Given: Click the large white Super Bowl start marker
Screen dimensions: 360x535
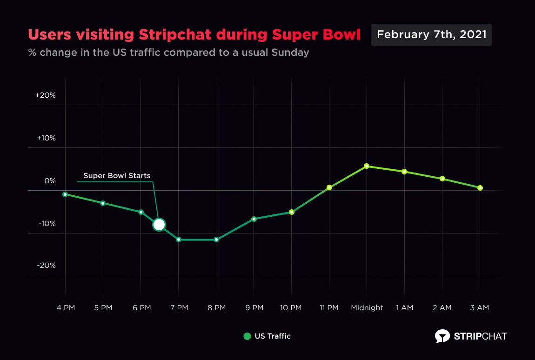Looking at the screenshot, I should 159,225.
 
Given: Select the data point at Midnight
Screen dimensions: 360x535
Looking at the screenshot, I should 367,166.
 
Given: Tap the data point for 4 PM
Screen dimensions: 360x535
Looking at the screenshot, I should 65,194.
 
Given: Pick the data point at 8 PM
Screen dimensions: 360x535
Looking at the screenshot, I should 216,240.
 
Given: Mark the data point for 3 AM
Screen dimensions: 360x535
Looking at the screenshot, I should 480,188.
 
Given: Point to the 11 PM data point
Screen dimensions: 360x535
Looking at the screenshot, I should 329,187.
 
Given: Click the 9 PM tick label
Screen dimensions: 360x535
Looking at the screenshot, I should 254,308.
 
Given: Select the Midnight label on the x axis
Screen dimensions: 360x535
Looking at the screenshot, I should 367,308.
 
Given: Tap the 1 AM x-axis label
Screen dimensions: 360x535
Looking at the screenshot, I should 404,308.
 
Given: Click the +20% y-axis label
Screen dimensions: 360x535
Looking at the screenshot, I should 46,95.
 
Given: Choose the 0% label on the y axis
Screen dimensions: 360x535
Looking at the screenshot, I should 50,180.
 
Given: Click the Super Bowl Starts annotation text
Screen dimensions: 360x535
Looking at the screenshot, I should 117,176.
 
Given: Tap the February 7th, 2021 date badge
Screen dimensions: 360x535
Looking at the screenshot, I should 431,35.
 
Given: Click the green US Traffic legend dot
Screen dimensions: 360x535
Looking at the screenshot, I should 247,336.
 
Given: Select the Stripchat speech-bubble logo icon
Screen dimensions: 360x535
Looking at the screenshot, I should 442,336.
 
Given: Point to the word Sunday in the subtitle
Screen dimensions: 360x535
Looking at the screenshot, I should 291,52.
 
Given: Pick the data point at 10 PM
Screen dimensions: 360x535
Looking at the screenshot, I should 292,212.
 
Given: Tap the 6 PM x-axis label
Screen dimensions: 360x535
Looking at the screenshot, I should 141,308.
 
